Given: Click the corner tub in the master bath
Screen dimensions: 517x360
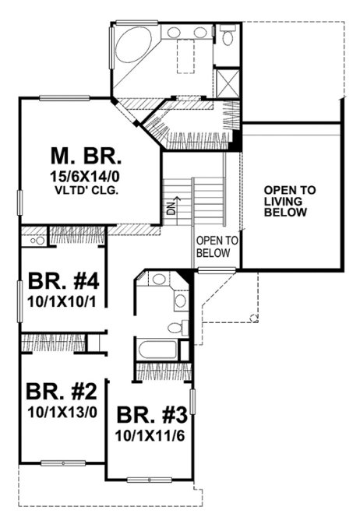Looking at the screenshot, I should (x=135, y=45).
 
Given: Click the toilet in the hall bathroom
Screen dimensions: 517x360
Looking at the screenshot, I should (x=185, y=325).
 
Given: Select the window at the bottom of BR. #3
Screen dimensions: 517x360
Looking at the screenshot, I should (x=147, y=477).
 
